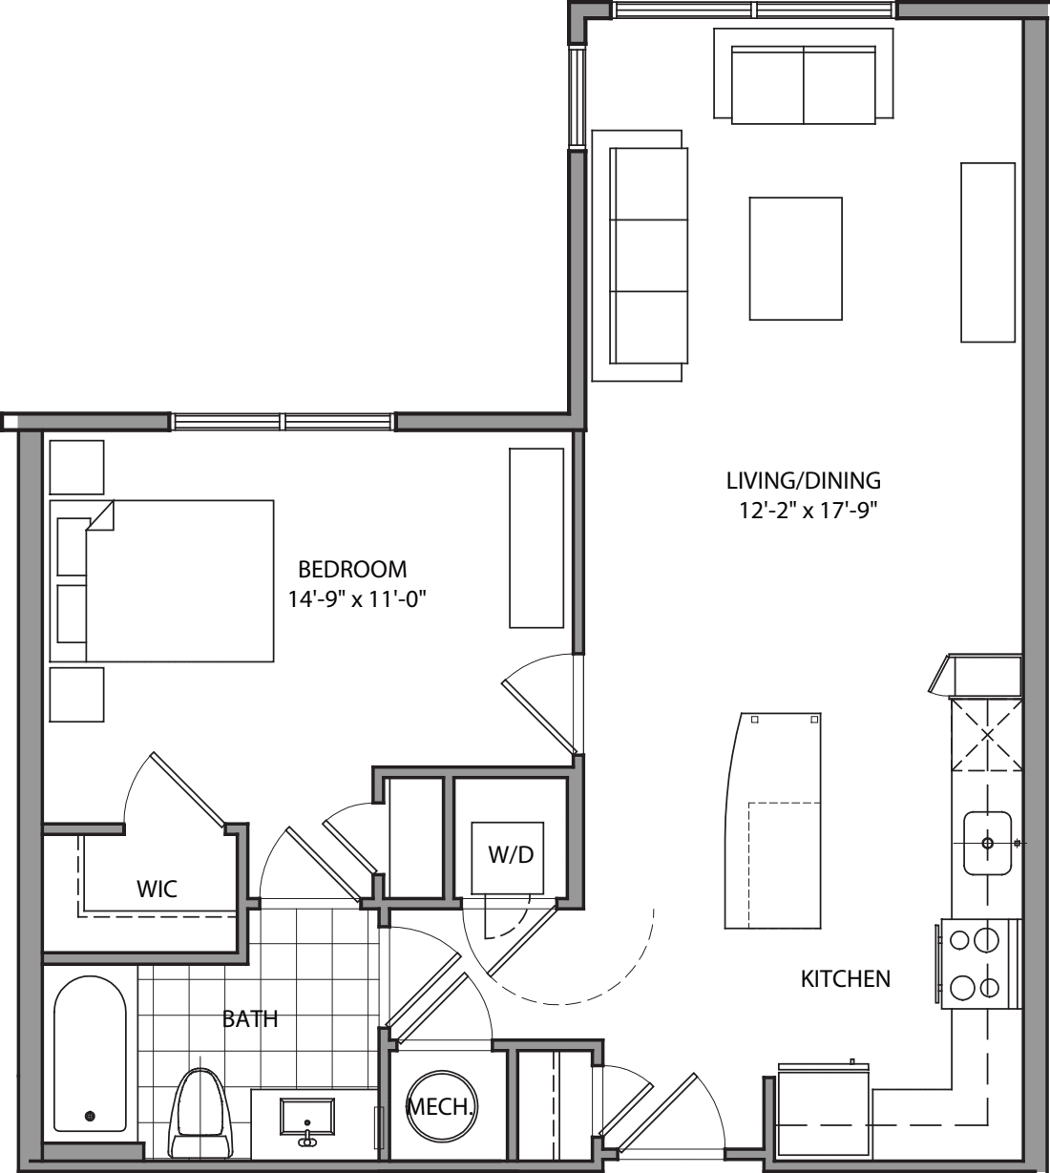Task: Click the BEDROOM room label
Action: [x=352, y=570]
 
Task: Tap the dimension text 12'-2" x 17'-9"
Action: [x=802, y=511]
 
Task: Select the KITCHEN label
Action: [x=845, y=978]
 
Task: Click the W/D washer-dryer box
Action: [x=512, y=855]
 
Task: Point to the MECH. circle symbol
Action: [x=440, y=1106]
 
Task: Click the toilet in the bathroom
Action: [x=202, y=1112]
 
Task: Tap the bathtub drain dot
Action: [x=91, y=1115]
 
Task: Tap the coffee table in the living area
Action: [x=795, y=259]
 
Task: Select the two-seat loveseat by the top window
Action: [x=804, y=84]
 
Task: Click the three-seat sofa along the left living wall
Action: [x=648, y=256]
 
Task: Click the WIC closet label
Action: [x=157, y=890]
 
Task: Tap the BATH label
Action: [x=250, y=1019]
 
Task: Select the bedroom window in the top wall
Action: [x=283, y=421]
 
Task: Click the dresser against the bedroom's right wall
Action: [x=535, y=538]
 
